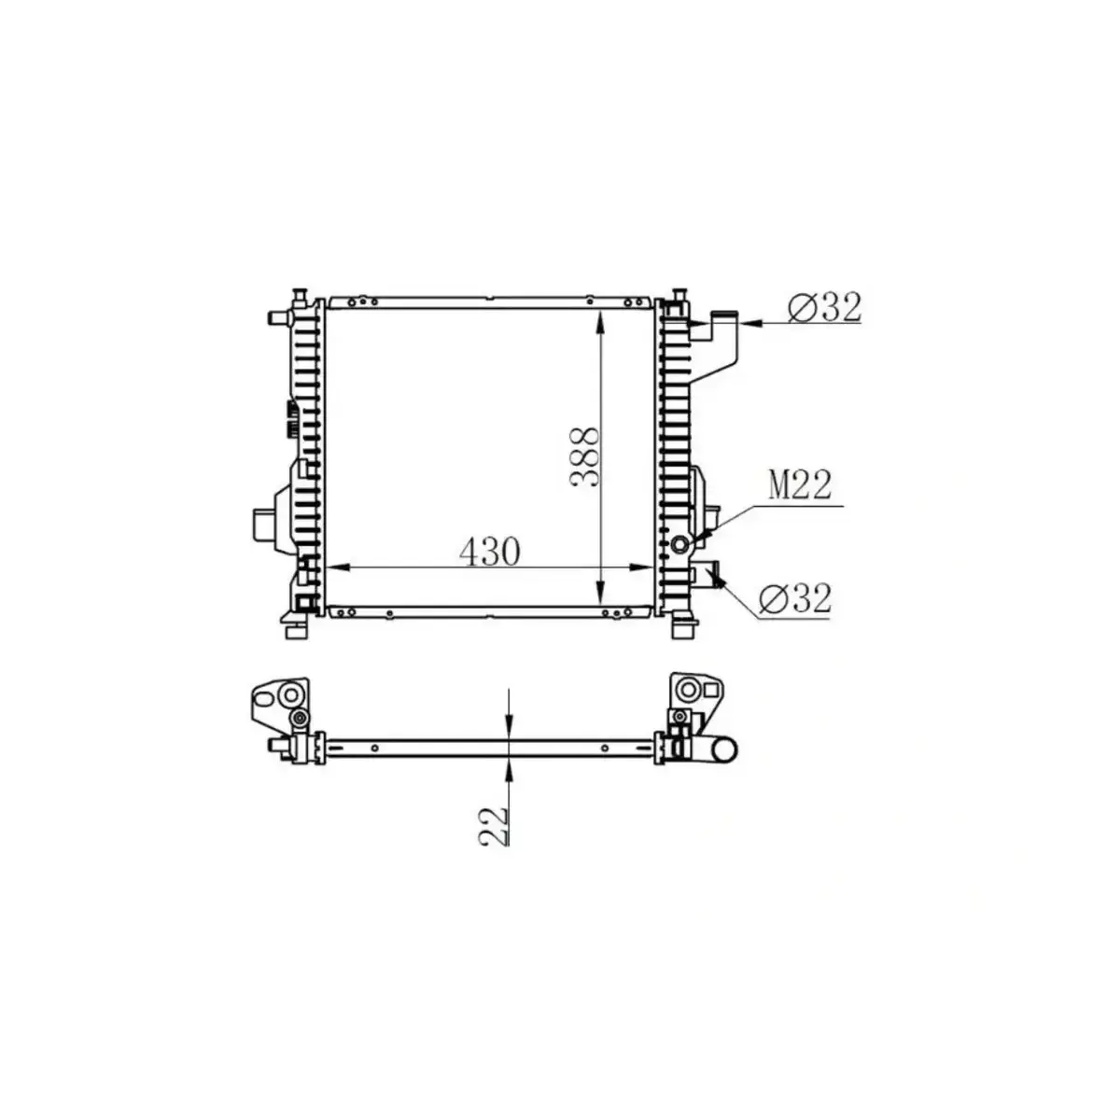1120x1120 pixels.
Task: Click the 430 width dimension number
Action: pos(489,552)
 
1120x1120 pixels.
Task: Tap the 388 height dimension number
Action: pos(585,456)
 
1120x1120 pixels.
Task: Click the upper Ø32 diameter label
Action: pos(824,306)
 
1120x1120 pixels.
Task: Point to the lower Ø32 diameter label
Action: pos(794,598)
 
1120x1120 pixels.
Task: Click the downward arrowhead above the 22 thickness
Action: pos(509,729)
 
